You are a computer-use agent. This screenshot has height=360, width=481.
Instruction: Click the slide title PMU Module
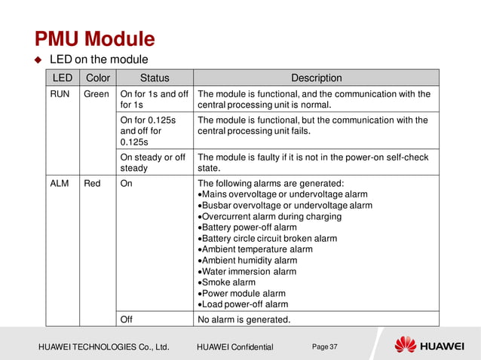[95, 38]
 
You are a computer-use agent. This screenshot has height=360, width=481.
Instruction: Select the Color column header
[98, 78]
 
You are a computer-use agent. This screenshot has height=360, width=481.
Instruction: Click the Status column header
[155, 78]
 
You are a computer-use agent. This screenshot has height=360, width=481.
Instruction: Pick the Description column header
[316, 78]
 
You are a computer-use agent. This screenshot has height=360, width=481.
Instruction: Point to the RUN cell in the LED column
[60, 94]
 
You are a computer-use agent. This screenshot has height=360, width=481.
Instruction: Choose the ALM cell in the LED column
[60, 183]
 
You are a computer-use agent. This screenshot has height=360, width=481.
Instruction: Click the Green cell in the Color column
[97, 94]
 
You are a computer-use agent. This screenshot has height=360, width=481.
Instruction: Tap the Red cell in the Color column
[94, 183]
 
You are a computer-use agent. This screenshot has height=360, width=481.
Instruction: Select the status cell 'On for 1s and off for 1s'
[154, 99]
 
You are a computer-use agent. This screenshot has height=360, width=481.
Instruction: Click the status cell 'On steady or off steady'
[153, 162]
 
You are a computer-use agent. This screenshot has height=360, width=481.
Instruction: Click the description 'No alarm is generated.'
[244, 319]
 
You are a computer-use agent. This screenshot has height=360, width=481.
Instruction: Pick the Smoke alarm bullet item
[228, 282]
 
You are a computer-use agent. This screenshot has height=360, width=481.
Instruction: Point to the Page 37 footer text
[324, 346]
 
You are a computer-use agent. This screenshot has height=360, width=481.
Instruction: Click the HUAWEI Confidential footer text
[234, 346]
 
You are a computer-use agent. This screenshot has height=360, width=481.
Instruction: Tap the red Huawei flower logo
[405, 344]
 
